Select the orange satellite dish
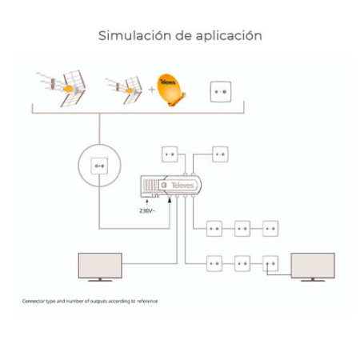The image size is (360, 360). click(x=170, y=90)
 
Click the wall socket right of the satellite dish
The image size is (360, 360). click(x=221, y=91)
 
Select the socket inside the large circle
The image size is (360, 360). click(x=100, y=166)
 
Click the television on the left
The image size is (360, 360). click(x=100, y=266)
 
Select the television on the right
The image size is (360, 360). click(x=312, y=266)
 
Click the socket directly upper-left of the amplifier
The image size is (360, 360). click(x=170, y=154)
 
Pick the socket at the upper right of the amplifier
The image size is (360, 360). click(x=220, y=154)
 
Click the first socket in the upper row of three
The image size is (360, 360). click(x=214, y=230)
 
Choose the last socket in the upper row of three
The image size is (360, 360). click(x=270, y=230)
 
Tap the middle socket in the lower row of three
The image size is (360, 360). click(x=242, y=263)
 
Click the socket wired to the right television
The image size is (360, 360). click(x=270, y=263)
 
